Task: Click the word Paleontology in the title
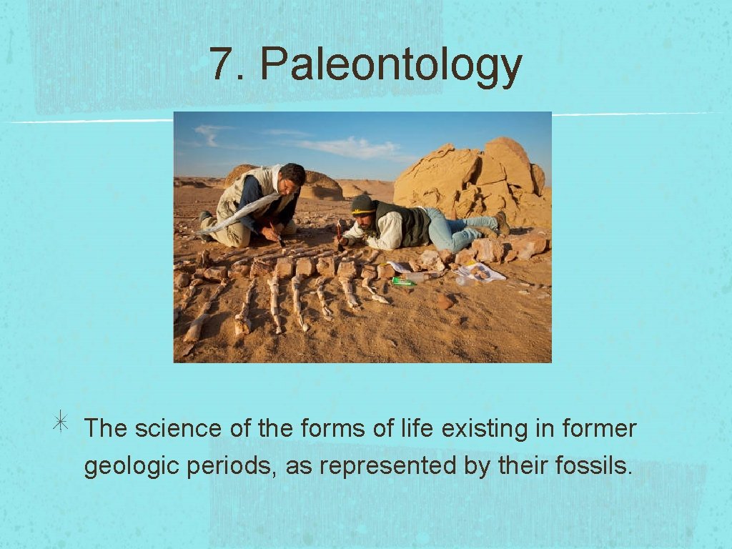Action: click(390, 66)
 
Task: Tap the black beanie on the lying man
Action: click(363, 204)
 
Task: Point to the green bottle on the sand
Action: click(402, 281)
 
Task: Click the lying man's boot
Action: click(502, 223)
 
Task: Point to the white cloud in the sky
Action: click(350, 148)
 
